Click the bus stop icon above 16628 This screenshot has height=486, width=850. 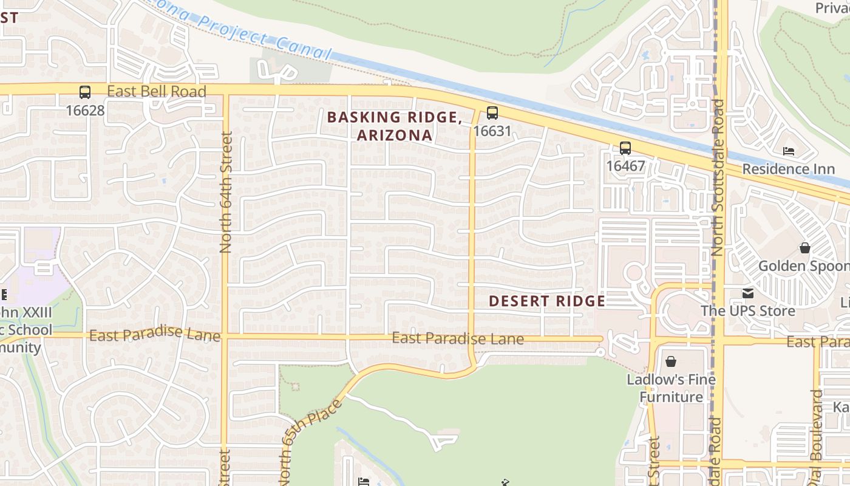(x=85, y=92)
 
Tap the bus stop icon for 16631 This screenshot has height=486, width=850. (x=492, y=113)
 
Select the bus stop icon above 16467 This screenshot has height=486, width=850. (x=625, y=148)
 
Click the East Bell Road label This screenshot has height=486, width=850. (x=157, y=92)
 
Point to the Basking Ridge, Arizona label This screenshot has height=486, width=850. (x=395, y=126)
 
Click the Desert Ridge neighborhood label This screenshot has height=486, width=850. (x=546, y=301)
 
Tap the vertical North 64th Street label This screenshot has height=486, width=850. (x=226, y=192)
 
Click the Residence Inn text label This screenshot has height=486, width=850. (x=788, y=169)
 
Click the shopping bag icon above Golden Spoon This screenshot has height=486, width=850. (x=804, y=248)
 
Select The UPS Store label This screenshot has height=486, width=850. (x=747, y=311)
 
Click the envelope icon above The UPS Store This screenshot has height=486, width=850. (x=747, y=293)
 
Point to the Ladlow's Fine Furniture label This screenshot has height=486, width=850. (x=671, y=388)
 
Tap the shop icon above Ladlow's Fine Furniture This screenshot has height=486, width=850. (x=670, y=362)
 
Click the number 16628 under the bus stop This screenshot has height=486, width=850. (x=85, y=111)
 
